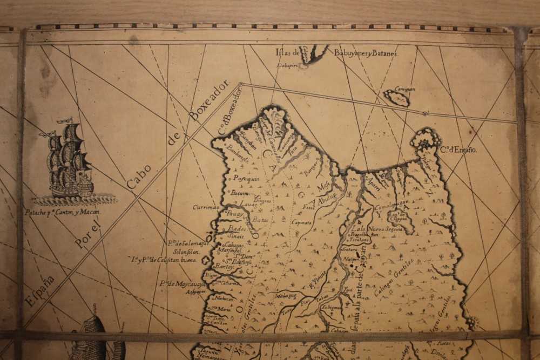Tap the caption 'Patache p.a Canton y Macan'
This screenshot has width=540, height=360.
click(x=63, y=212)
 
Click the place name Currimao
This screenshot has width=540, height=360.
click(x=206, y=207)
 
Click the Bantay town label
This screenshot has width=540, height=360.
click(x=224, y=267)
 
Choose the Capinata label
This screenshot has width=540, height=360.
click(x=301, y=222)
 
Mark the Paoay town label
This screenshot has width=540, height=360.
click(x=235, y=214)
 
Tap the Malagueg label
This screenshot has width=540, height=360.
click(x=285, y=295)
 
